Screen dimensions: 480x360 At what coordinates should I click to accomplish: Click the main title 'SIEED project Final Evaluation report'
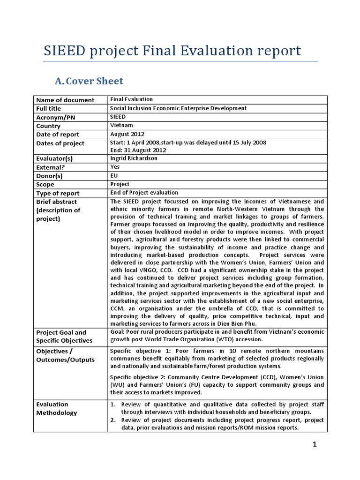pyautogui.click(x=172, y=51)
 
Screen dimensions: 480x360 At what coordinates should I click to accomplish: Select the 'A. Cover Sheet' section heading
pyautogui.click(x=89, y=81)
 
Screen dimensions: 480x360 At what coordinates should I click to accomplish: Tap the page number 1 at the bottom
pyautogui.click(x=315, y=445)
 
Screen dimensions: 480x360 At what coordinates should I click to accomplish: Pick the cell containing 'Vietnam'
pyautogui.click(x=121, y=126)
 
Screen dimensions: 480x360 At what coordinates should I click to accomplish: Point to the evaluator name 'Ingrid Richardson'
pyautogui.click(x=134, y=159)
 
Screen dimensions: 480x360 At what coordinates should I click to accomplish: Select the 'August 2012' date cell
pyautogui.click(x=127, y=134)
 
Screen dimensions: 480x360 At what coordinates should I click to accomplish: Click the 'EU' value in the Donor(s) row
pyautogui.click(x=114, y=175)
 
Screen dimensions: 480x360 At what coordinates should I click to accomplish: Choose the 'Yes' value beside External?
pyautogui.click(x=115, y=167)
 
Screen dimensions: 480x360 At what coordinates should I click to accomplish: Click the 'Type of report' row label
pyautogui.click(x=58, y=193)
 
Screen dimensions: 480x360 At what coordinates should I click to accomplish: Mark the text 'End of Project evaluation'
pyautogui.click(x=144, y=193)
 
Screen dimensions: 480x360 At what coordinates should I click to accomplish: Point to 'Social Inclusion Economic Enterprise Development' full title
pyautogui.click(x=178, y=108)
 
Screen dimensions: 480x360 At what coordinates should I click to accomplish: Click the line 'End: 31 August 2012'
pyautogui.click(x=138, y=150)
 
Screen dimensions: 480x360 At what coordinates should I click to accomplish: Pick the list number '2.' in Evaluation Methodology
pyautogui.click(x=113, y=420)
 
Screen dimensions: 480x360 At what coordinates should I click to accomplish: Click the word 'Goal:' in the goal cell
pyautogui.click(x=118, y=332)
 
